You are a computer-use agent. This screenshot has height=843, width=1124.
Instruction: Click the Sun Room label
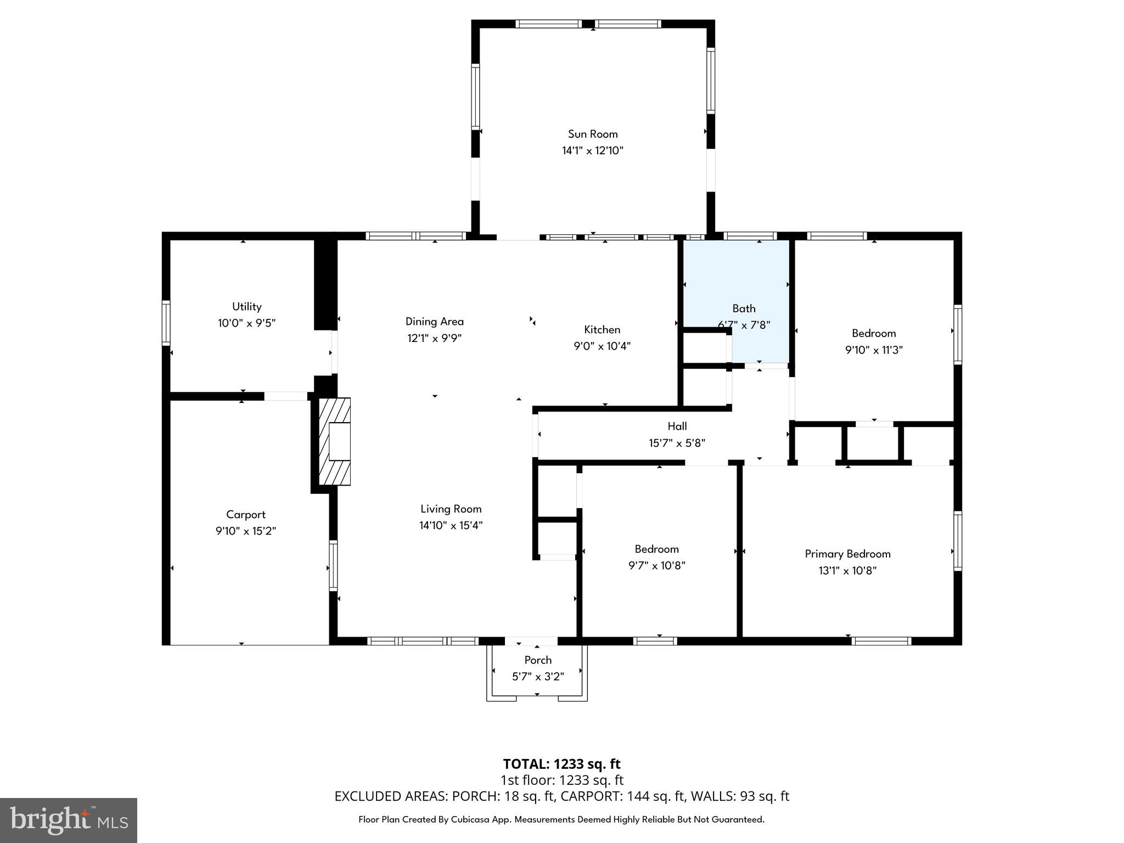click(x=593, y=134)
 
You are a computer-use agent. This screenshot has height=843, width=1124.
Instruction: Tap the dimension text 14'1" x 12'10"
click(x=593, y=151)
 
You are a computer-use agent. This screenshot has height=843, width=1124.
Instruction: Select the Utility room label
click(x=246, y=307)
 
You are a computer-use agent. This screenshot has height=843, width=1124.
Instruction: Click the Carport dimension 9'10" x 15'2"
click(x=246, y=531)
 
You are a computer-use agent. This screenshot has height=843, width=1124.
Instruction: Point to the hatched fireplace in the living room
click(x=335, y=442)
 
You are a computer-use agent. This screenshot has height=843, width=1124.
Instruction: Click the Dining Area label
click(x=434, y=322)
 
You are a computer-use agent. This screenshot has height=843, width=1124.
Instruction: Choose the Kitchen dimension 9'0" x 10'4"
click(x=602, y=346)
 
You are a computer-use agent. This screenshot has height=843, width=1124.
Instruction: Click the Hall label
click(x=677, y=426)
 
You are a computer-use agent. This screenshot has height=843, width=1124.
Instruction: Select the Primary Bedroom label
click(x=847, y=554)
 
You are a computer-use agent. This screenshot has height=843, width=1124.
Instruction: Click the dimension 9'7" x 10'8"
click(x=657, y=566)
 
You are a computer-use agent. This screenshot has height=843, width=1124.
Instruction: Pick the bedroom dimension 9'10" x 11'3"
click(x=874, y=350)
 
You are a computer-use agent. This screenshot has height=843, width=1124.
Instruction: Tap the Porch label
click(x=538, y=660)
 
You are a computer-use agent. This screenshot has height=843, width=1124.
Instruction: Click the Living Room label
click(x=451, y=509)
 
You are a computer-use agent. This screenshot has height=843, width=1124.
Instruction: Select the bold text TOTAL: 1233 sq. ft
click(x=561, y=764)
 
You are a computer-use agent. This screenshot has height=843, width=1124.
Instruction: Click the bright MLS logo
click(x=69, y=820)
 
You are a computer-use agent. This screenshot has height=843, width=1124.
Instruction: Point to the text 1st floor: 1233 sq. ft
click(x=561, y=780)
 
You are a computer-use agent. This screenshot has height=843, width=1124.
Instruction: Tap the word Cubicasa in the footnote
click(x=473, y=819)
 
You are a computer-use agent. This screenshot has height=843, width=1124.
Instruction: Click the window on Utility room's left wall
click(x=166, y=323)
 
